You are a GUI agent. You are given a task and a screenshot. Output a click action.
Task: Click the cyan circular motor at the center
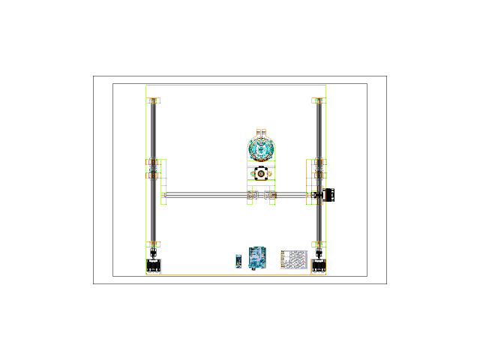(261, 150)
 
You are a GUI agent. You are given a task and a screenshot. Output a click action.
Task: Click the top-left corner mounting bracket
(153, 100)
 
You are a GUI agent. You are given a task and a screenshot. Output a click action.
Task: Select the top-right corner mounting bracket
(318, 100)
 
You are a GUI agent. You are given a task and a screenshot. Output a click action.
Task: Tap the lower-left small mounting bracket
(153, 244)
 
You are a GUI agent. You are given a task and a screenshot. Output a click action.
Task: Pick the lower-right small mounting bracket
(318, 244)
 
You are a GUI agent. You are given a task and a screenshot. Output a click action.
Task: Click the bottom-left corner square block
(154, 266)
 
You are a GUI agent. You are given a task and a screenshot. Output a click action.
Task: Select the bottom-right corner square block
(318, 266)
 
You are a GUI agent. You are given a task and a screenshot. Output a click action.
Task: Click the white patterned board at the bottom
(293, 259)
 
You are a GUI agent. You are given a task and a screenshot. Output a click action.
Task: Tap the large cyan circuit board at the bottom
(258, 257)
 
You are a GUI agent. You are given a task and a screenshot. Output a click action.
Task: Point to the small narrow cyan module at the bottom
(238, 261)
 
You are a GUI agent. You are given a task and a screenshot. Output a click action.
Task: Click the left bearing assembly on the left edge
(153, 168)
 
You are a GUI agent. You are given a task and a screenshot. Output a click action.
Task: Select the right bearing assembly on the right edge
(319, 168)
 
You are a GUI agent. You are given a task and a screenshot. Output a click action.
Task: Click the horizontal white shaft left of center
(206, 195)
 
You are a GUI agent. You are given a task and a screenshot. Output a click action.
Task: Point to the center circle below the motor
(261, 174)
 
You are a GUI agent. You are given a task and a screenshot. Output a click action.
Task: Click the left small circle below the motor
(253, 174)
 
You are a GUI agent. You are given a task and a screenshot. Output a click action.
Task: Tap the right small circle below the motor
(269, 174)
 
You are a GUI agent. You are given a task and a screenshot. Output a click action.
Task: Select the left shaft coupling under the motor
(253, 195)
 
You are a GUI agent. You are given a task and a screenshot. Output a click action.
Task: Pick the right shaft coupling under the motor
(269, 195)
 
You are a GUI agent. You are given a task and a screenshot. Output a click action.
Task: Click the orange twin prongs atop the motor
(261, 133)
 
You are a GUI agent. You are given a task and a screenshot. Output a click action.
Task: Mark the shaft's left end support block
(163, 196)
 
